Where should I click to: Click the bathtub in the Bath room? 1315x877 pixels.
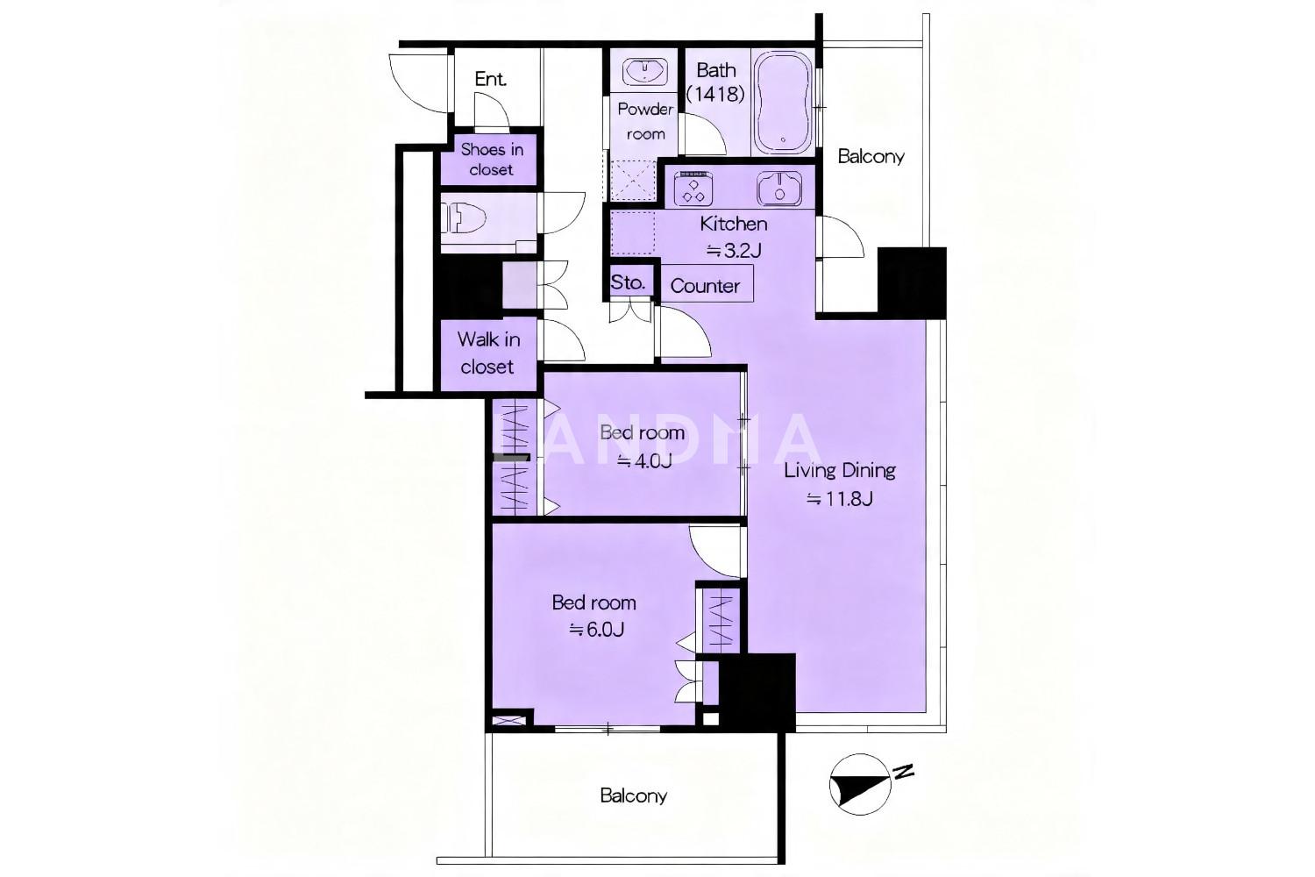coord(783,103)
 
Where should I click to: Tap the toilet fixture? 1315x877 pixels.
coord(465,218)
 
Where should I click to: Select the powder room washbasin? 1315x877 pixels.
coord(644,72)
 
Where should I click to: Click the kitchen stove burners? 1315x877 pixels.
coord(693,189)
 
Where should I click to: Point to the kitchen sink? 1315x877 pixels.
coord(779,189)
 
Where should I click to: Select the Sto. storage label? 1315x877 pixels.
coord(628,282)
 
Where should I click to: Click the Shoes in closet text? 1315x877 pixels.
coord(491,160)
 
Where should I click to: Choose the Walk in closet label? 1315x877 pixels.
coord(487,353)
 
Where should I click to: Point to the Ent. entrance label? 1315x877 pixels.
coord(490,79)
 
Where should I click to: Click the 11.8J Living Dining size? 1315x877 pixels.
coord(840,499)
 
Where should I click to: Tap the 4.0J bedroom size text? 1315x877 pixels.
coord(643,461)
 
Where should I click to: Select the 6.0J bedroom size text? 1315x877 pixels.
coord(595,630)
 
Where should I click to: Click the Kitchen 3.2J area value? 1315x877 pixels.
coord(733,252)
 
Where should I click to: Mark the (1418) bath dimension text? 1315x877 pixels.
coord(715,94)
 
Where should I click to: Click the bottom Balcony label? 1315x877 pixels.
coord(634,796)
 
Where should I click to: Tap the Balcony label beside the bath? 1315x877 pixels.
coord(871,156)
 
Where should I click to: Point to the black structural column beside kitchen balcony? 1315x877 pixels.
coord(912,283)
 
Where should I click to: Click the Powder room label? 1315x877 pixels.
coord(645,122)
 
